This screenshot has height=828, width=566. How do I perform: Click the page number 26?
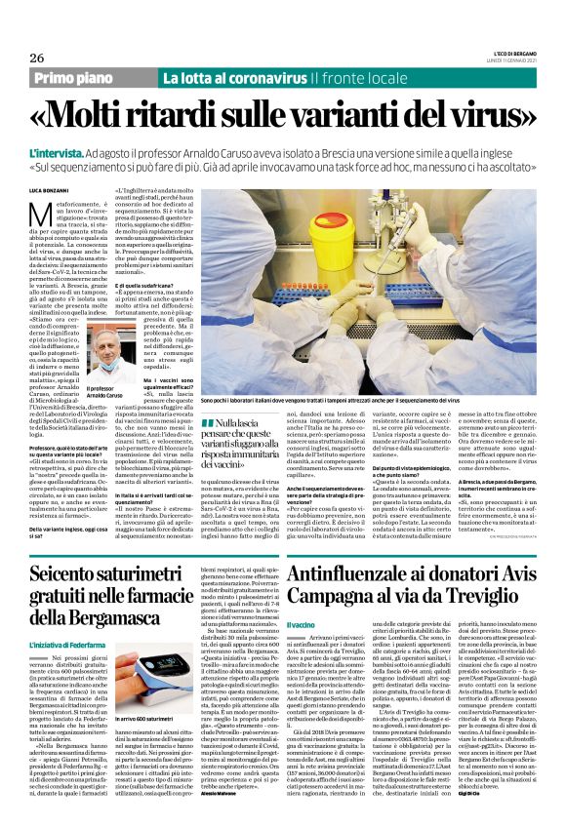click(x=24, y=59)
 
